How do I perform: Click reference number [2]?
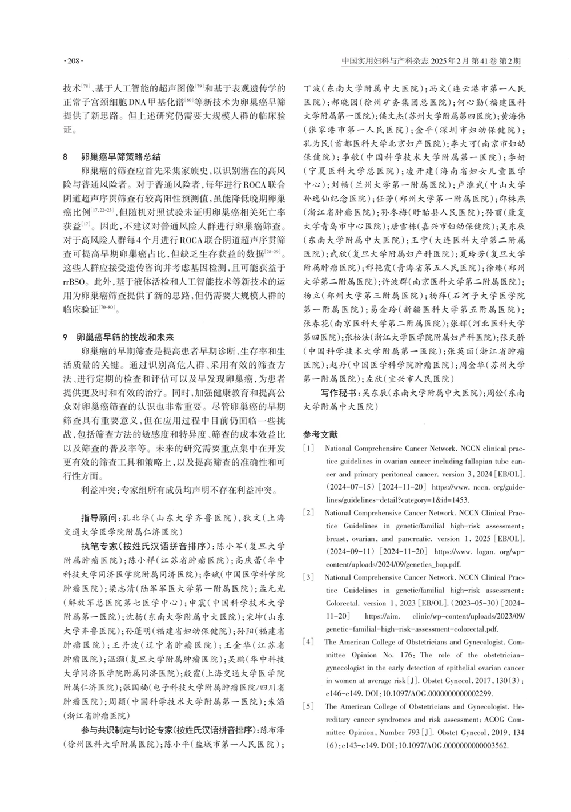[x=309, y=513]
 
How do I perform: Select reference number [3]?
[x=309, y=577]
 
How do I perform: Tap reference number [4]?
[x=309, y=641]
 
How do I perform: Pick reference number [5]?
[x=309, y=706]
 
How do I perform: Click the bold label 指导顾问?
[x=99, y=518]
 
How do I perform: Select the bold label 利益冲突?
[x=99, y=490]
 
